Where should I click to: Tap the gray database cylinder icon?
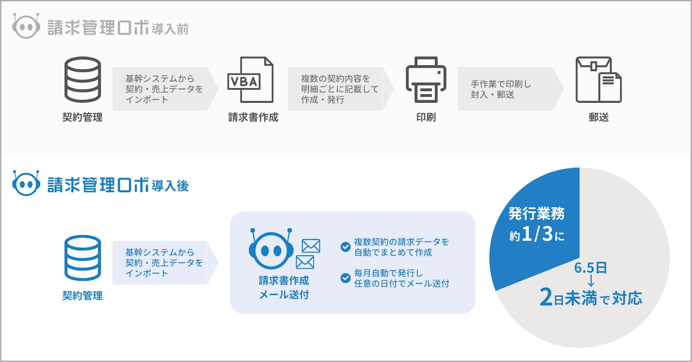[x=83, y=79]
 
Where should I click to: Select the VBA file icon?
[x=250, y=79]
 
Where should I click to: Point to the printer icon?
[x=426, y=79]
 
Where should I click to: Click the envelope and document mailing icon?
[x=599, y=79]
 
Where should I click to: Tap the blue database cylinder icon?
[x=83, y=258]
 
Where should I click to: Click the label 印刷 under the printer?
[x=426, y=117]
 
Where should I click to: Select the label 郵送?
[x=599, y=117]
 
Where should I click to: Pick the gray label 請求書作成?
[x=253, y=117]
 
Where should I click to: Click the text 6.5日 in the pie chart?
[x=590, y=267]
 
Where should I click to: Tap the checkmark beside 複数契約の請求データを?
[x=346, y=247]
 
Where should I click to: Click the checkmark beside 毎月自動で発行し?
[x=346, y=278]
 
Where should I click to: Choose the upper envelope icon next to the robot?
[x=311, y=246]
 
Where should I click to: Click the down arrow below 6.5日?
[x=591, y=280]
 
